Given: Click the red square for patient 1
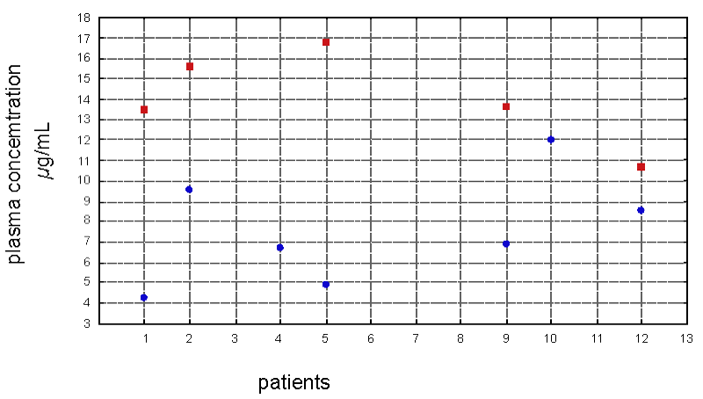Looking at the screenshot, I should coord(144,110).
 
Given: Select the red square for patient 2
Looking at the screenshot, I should coord(190,67).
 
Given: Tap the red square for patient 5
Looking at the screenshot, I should coord(326,42).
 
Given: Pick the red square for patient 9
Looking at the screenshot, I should coord(506,107).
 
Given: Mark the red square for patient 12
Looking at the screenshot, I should coord(641,167).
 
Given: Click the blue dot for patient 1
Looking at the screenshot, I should coord(144,298).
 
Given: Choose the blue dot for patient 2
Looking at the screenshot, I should coord(189,190).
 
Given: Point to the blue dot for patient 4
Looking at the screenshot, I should coord(280,248).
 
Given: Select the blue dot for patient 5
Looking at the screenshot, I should coord(326,285).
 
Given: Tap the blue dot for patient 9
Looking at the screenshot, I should coord(506,243).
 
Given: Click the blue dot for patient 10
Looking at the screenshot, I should coord(551,140).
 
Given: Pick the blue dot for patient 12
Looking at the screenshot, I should coord(641,210).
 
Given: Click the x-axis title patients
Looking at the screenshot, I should coord(294,383).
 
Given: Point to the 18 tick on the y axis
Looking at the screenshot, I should coord(84,18).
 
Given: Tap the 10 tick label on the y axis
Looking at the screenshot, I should coord(84,181).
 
